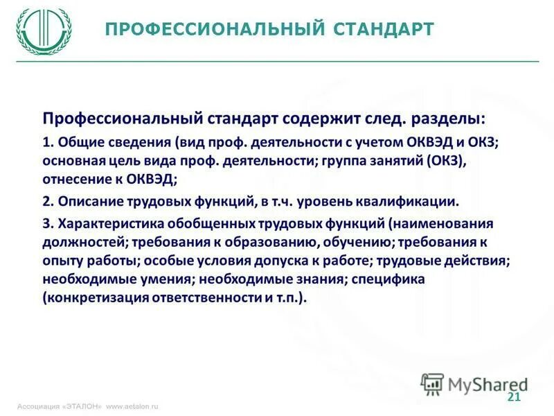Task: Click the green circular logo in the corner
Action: click(x=44, y=31)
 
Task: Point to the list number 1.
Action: click(x=46, y=143)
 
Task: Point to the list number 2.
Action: click(x=46, y=202)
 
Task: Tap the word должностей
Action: click(x=82, y=243)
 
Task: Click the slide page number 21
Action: click(x=513, y=397)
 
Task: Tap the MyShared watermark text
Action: click(x=485, y=383)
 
